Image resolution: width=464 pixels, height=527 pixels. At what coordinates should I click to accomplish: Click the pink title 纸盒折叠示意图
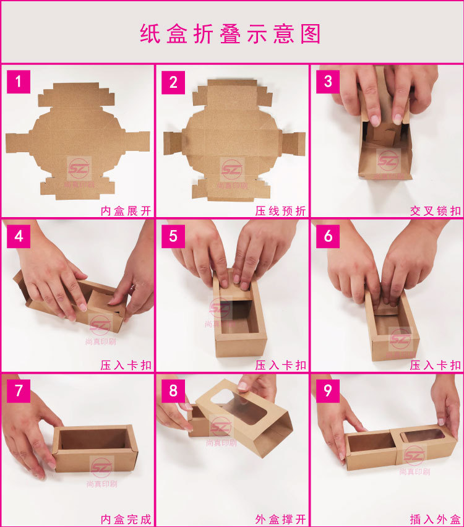click(x=230, y=33)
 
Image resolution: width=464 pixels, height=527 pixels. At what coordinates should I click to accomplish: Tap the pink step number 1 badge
click(x=19, y=82)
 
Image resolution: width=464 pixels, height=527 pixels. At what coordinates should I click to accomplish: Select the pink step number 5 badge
click(x=173, y=236)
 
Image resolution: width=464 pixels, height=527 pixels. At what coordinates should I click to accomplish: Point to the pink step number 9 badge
click(x=328, y=391)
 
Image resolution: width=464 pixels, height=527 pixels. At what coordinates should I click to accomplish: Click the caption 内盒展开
click(x=126, y=211)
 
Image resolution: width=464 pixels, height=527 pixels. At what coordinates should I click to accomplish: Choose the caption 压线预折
click(x=281, y=211)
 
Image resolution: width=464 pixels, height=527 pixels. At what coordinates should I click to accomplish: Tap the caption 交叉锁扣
click(x=436, y=211)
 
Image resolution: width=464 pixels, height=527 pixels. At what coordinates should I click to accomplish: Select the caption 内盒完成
click(x=126, y=520)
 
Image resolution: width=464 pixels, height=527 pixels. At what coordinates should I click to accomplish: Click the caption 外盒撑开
click(x=281, y=520)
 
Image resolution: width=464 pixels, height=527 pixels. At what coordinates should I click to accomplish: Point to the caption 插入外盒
click(x=436, y=520)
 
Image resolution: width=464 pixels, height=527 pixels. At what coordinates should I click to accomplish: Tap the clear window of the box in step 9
click(x=426, y=436)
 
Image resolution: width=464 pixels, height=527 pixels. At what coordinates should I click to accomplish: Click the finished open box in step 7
click(x=95, y=448)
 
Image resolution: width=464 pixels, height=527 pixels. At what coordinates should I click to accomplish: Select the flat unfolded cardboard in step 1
click(x=78, y=141)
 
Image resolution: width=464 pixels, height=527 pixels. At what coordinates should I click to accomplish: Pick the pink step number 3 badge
click(x=328, y=82)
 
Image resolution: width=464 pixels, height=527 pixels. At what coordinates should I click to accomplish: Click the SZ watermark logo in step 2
click(x=231, y=169)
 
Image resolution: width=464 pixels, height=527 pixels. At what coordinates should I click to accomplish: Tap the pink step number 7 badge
click(x=19, y=391)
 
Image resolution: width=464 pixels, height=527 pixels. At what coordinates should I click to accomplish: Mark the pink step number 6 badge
click(x=328, y=236)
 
